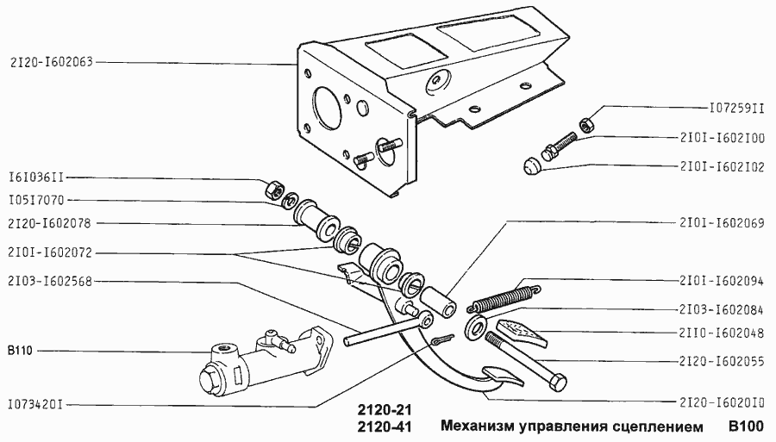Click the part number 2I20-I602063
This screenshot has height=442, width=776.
tap(52, 62)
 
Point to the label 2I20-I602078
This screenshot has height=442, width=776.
tap(52, 224)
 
